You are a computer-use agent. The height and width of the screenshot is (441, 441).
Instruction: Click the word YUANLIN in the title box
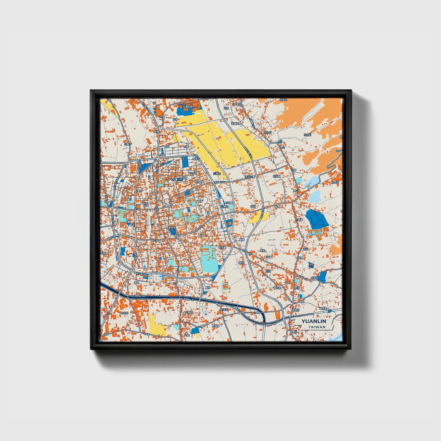[x=314, y=321]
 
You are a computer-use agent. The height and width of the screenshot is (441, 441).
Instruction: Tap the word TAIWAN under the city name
[x=316, y=327]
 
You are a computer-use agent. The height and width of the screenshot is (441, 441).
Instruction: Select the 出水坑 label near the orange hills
[x=307, y=135]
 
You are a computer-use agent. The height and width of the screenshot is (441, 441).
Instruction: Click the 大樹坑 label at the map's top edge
[x=284, y=100]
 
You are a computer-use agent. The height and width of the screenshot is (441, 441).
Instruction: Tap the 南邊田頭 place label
[x=236, y=124]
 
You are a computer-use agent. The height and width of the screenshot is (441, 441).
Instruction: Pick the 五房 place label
[x=226, y=108]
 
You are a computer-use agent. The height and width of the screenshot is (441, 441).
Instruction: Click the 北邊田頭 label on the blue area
[x=187, y=107]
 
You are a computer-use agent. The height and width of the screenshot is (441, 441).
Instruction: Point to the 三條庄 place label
[x=217, y=173]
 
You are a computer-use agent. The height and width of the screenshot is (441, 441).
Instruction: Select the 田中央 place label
[x=125, y=313]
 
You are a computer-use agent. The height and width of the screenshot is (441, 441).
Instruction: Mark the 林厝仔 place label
[x=295, y=310]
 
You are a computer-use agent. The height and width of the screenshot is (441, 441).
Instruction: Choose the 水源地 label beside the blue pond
[x=314, y=278]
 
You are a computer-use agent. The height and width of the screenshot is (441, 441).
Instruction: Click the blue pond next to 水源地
[x=322, y=277]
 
